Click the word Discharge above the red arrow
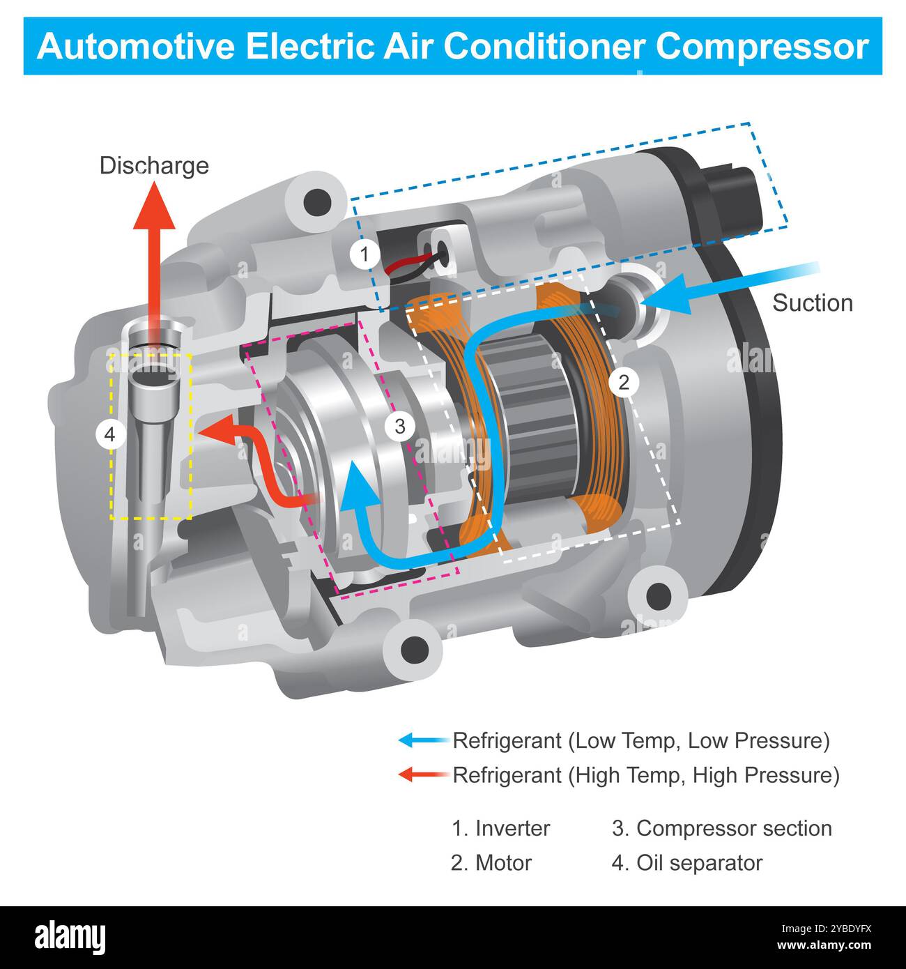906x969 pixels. point(154,166)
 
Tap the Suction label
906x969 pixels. point(813,303)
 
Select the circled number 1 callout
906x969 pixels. point(364,254)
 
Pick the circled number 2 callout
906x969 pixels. point(624,382)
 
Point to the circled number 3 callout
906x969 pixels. point(399,426)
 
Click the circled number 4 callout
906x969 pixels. point(109,435)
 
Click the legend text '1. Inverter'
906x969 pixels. point(500,828)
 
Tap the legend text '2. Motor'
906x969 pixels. point(491,863)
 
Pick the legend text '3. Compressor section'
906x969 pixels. point(721,828)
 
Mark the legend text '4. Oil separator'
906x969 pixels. point(686,863)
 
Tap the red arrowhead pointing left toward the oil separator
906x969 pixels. point(213,433)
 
